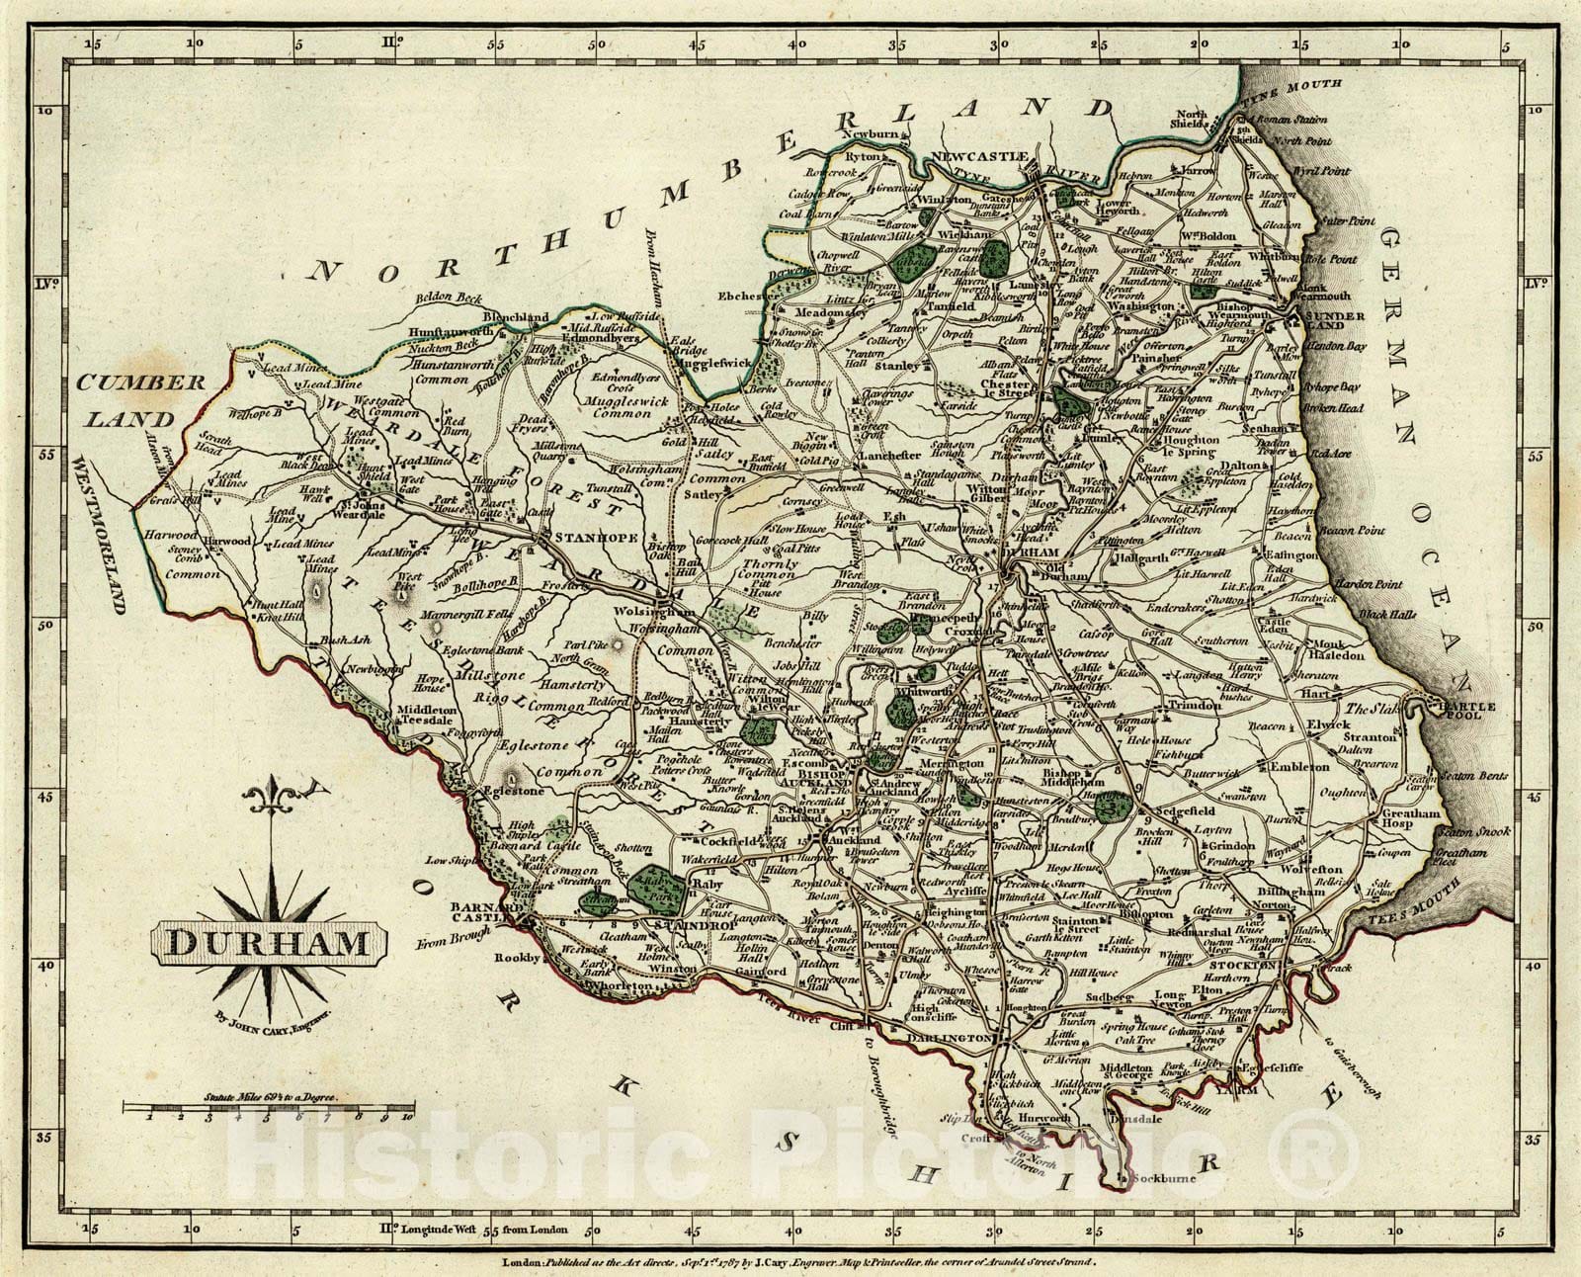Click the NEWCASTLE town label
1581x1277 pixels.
(x=984, y=157)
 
